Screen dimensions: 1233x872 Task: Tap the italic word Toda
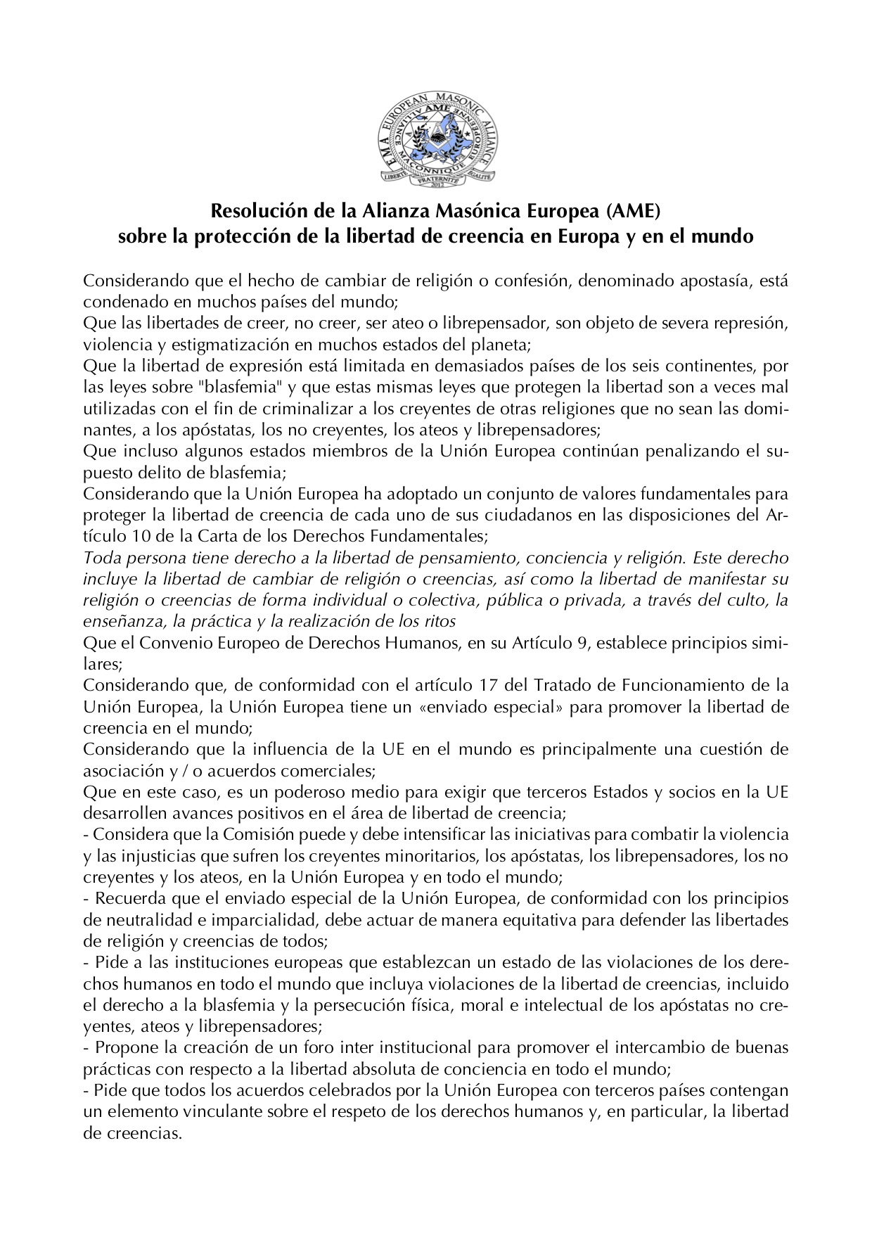[98, 558]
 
